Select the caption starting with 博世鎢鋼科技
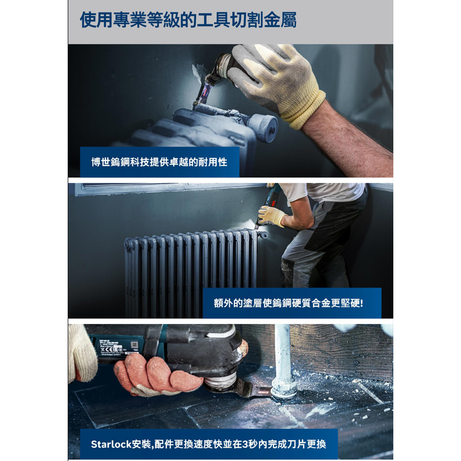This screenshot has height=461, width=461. [159, 162]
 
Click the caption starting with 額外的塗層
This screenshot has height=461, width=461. [291, 303]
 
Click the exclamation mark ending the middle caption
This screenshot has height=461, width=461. [362, 303]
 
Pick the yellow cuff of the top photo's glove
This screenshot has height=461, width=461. [302, 108]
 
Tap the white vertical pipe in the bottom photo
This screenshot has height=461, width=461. [283, 355]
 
